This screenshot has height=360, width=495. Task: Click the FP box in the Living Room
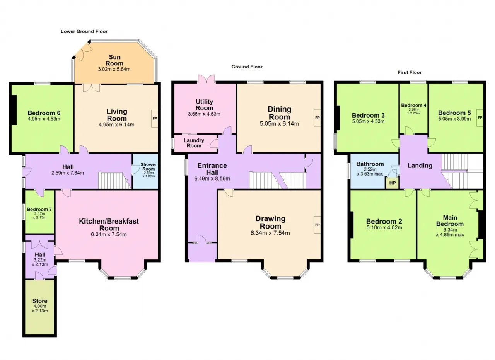tap(155, 118)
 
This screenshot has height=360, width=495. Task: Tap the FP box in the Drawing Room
tap(317, 225)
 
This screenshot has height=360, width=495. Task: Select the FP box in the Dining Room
tap(317, 118)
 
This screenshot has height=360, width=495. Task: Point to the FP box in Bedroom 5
tap(480, 118)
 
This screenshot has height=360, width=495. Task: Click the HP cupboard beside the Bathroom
tap(393, 183)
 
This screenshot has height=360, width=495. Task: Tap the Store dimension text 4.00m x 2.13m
tap(40, 309)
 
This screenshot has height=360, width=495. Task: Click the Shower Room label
tap(148, 167)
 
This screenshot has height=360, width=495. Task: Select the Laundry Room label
tap(194, 143)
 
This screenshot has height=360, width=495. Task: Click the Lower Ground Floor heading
tap(84, 31)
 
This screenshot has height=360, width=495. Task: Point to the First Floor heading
tap(410, 72)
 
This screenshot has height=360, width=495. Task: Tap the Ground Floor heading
tap(247, 67)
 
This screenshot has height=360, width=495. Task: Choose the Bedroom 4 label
tap(414, 106)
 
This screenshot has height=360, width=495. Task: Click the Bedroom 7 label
tap(39, 209)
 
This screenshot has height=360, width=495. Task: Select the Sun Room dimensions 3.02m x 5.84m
tap(114, 69)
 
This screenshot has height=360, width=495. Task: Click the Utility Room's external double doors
tap(206, 79)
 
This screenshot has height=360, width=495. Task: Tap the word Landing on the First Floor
tap(420, 165)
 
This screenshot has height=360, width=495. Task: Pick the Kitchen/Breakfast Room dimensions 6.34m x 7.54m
tap(109, 234)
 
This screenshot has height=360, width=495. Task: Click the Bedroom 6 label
tap(44, 113)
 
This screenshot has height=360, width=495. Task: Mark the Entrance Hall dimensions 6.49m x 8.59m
tap(212, 179)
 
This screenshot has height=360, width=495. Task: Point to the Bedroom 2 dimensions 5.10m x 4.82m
tap(384, 228)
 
